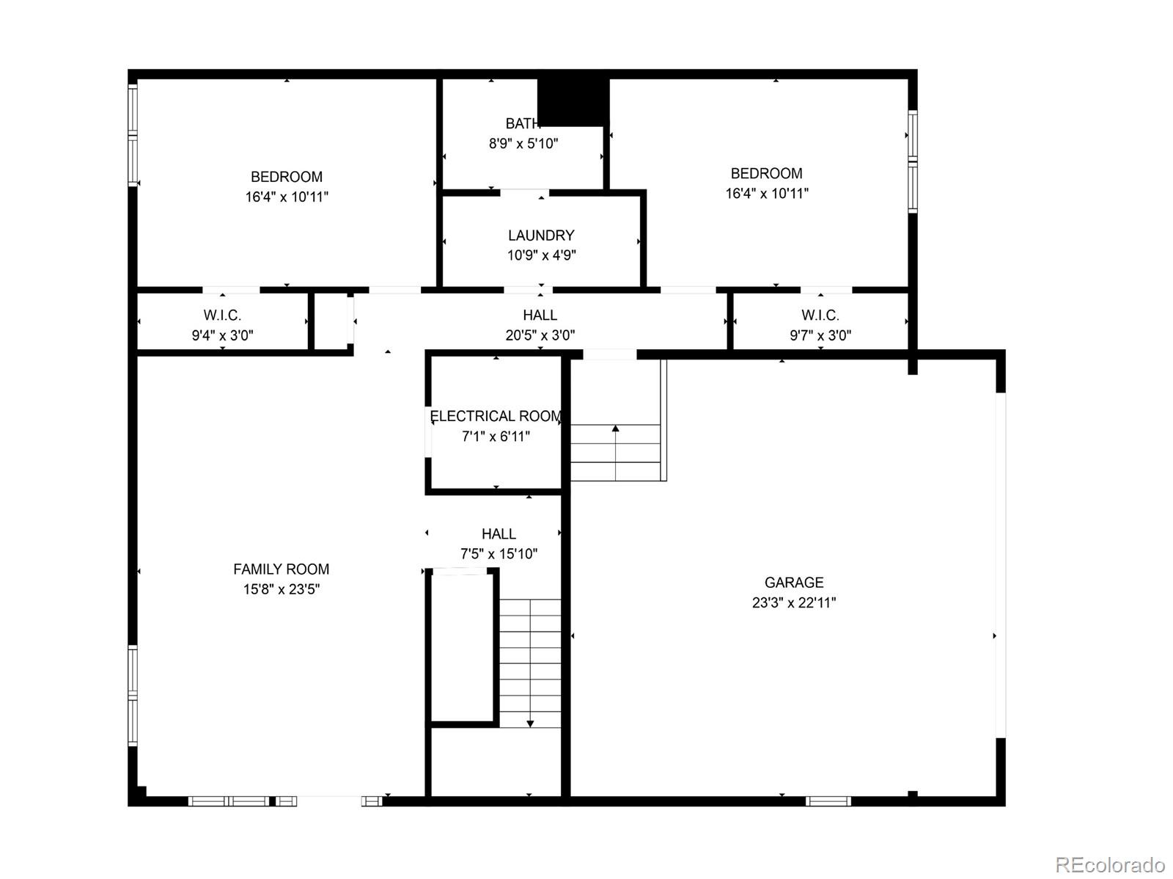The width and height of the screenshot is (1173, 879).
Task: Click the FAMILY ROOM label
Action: (x=281, y=569)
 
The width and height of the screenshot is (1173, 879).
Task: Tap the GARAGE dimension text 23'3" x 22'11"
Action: (x=794, y=602)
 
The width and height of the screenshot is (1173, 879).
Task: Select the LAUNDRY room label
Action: (x=541, y=236)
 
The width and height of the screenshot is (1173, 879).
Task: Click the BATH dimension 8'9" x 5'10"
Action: (x=523, y=144)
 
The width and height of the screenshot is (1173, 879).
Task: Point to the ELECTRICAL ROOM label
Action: (x=496, y=416)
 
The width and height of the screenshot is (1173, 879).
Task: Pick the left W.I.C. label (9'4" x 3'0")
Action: (x=222, y=316)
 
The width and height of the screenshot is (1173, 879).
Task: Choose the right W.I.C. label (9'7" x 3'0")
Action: (x=820, y=316)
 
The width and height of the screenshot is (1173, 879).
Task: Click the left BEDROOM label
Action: (x=287, y=177)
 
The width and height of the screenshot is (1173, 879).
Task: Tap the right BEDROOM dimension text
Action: (x=767, y=194)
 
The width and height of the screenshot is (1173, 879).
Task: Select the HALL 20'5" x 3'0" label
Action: (x=540, y=316)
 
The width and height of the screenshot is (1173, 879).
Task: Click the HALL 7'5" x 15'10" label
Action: (x=499, y=534)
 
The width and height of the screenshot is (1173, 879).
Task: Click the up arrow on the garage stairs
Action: (x=616, y=428)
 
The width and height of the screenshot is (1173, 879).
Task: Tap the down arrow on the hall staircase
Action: (x=530, y=723)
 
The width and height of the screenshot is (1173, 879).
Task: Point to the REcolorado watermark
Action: (x=1110, y=864)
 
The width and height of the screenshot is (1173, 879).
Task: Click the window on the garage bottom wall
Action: (x=828, y=800)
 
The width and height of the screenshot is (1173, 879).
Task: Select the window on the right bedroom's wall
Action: (x=913, y=161)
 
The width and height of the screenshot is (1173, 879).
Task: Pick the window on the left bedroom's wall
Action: (x=133, y=136)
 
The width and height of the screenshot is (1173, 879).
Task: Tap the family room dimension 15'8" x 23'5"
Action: (x=281, y=589)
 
